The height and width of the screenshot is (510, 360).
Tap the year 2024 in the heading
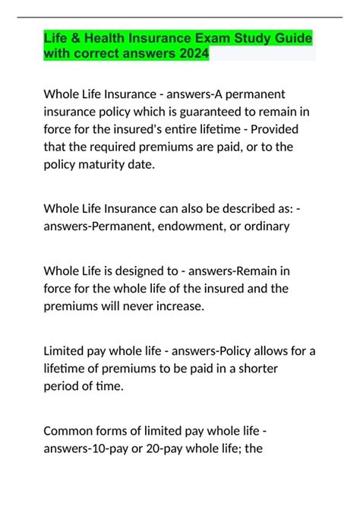pos(190,54)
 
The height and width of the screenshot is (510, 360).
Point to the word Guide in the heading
pos(292,39)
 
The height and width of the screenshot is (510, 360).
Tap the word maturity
pos(103,164)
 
